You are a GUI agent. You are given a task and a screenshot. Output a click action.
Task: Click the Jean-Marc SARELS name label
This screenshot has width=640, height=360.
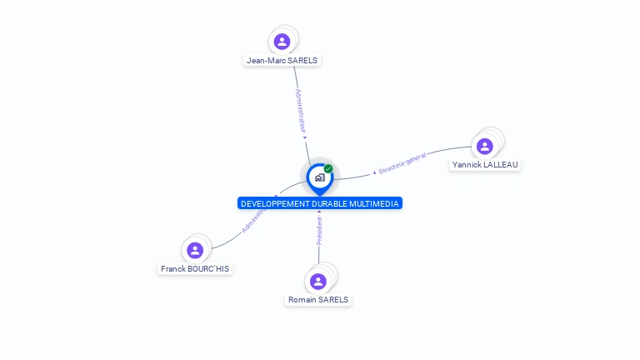pos(282,60)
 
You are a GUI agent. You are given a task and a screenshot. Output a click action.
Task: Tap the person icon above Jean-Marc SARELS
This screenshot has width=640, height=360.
pos(282,41)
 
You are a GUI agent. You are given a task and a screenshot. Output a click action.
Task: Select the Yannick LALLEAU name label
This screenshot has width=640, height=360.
pos(484,165)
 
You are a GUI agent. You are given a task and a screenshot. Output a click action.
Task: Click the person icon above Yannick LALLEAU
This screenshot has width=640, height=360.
pos(484,146)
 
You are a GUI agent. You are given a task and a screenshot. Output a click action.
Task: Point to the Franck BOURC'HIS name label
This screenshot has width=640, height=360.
pos(195,269)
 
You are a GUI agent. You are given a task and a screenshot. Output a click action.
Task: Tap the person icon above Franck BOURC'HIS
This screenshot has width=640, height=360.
pos(195,250)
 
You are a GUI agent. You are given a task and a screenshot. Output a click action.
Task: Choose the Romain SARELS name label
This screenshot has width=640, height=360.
pos(318,300)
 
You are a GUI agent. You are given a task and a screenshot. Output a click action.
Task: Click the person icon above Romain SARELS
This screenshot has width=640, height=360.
pos(318,281)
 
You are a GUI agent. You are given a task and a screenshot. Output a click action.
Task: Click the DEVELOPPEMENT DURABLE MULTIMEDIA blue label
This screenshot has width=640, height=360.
pos(320,203)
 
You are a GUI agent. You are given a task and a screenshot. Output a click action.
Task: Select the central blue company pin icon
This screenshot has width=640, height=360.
pos(319,177)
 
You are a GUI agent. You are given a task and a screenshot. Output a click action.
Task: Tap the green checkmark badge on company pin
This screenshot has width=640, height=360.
pos(328,168)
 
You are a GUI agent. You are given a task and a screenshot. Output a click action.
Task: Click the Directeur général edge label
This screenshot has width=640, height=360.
pos(402,163)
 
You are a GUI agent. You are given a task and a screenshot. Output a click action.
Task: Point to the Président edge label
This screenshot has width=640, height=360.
pos(319,231)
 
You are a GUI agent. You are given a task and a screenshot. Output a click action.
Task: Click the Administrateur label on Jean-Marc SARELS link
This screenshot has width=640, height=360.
pos(302,111)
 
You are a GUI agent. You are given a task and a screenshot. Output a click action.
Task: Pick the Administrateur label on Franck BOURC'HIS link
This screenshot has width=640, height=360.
pos(254,220)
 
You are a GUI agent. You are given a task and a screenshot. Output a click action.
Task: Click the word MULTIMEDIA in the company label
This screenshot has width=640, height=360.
pos(373,203)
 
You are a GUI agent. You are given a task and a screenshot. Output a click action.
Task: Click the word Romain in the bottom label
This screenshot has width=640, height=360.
pos(303,300)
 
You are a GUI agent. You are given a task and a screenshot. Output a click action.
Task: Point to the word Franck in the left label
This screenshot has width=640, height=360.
pos(174,269)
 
